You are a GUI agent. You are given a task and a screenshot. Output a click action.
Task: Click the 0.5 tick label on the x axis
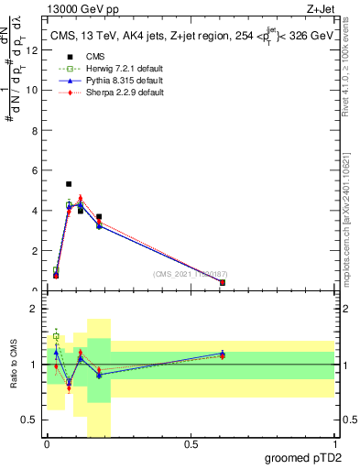click(191, 444)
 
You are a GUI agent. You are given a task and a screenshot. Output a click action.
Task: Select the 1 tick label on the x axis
click(334, 444)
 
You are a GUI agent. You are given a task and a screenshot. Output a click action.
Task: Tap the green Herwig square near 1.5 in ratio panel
click(56, 336)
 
